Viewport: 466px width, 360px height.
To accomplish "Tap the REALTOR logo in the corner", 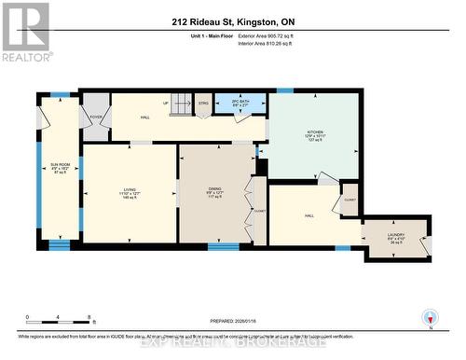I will click(26, 31).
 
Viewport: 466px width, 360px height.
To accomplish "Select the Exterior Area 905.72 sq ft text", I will click(271, 35).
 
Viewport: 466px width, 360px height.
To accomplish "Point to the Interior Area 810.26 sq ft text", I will click(271, 43).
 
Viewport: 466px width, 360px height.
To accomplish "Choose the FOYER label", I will click(95, 117).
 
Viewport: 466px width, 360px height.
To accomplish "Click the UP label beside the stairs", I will click(165, 104).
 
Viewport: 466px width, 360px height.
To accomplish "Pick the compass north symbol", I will click(430, 317).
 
